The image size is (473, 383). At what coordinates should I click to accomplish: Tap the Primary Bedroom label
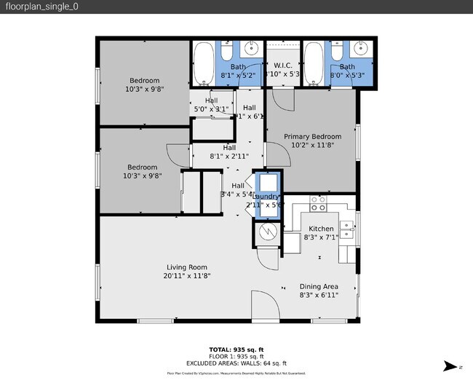312,136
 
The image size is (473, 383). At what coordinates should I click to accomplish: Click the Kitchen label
321,229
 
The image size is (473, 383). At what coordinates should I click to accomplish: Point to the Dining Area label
319,286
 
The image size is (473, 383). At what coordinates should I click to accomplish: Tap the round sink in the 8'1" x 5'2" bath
252,50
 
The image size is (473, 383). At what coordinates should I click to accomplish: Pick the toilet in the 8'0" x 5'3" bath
337,50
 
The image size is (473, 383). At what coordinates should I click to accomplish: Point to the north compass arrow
451,366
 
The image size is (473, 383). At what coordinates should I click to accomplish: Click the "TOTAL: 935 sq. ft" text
236,349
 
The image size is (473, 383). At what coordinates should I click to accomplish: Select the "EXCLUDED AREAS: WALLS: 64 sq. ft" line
236,363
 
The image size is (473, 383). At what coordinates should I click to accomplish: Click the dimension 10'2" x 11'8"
312,145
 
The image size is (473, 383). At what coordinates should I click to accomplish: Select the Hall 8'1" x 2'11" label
229,151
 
